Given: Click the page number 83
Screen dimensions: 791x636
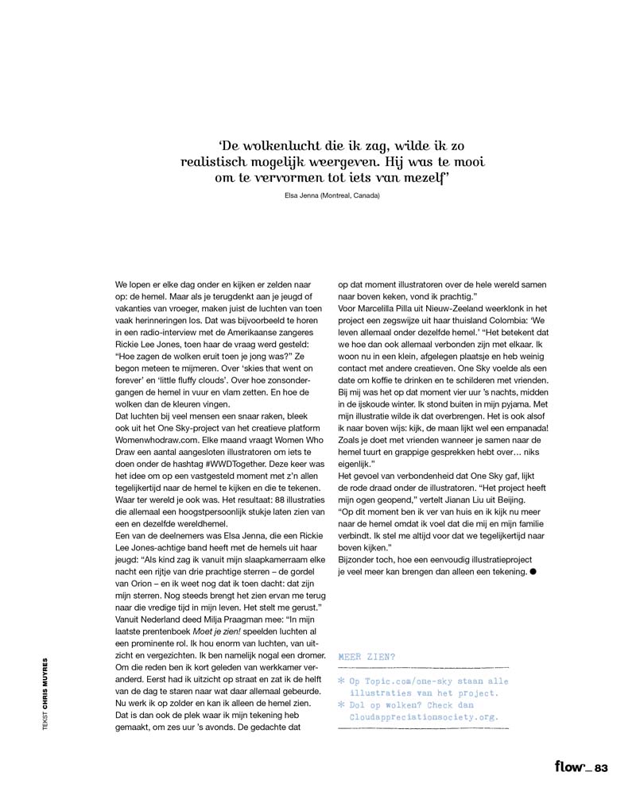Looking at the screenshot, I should tap(601, 766).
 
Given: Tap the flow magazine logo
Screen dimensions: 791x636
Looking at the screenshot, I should tap(572, 766).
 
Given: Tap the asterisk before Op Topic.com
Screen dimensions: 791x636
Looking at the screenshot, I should tap(342, 682).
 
